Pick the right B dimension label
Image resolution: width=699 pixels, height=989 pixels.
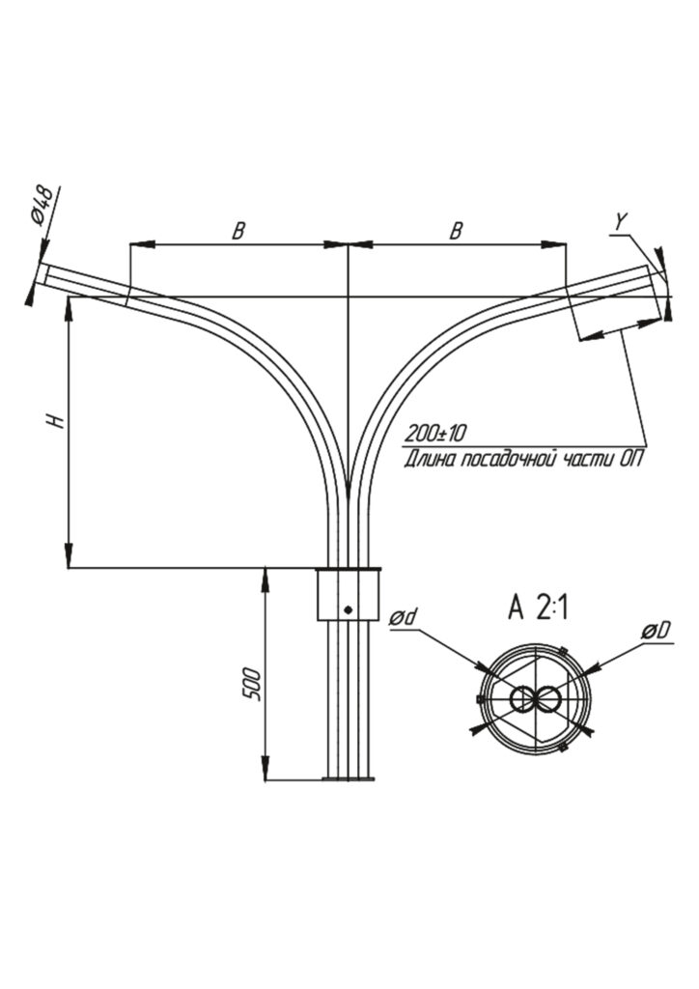point(457,231)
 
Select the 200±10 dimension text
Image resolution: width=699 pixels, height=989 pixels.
point(436,432)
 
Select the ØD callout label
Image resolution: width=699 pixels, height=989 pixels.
point(656,631)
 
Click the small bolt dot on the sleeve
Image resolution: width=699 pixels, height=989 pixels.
point(348,609)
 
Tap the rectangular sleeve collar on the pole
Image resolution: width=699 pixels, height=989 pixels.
point(348,595)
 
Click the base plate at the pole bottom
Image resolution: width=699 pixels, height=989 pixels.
point(348,779)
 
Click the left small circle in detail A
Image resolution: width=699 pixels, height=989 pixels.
point(522,699)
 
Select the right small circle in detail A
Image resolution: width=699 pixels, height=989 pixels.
point(547,699)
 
